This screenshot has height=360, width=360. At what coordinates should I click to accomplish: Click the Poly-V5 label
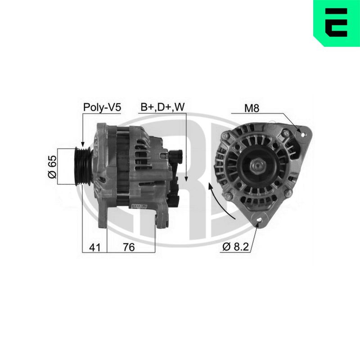[102, 108]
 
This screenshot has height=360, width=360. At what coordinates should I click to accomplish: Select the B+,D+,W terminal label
[162, 107]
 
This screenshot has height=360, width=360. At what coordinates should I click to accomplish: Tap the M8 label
[252, 108]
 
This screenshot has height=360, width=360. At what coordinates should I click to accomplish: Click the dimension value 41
[95, 247]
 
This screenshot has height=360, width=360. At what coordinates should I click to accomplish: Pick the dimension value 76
[129, 247]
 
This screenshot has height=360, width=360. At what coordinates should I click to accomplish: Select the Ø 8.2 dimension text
[235, 247]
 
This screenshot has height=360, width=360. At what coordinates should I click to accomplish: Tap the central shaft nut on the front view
[258, 165]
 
